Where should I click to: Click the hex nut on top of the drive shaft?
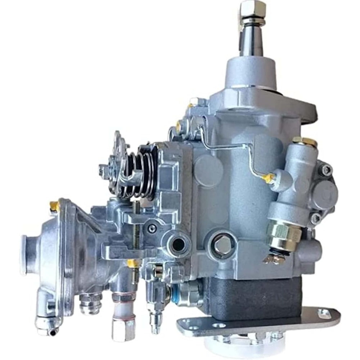tap(253, 8)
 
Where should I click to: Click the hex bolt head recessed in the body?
tap(222, 244)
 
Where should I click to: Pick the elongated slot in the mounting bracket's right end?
tap(325, 312)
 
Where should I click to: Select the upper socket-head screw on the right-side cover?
tap(326, 170)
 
